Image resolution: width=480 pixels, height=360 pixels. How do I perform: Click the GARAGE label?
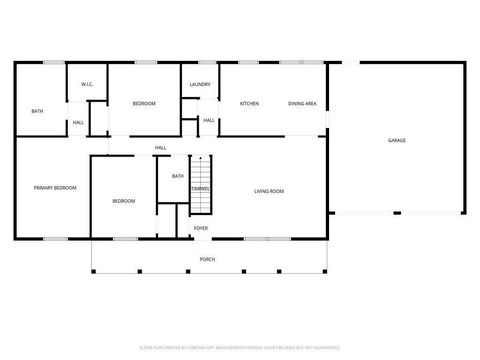396,140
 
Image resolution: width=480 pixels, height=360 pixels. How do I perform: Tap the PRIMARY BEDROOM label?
55,188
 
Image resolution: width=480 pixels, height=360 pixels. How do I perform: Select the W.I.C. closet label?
87,84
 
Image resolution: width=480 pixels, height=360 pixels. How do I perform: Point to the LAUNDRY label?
199,84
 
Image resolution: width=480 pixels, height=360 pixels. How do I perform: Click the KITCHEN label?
249,104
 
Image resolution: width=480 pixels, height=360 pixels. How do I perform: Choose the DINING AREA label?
302,104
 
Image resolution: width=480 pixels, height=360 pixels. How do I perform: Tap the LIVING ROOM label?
269,190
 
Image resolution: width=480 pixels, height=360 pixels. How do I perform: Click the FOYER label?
201,228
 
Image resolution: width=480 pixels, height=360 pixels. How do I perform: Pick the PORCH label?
207,259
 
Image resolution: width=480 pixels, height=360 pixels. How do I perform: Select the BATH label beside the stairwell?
178,176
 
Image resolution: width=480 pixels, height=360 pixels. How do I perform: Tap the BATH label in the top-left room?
37,111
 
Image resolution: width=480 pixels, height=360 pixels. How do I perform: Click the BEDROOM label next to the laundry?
144,104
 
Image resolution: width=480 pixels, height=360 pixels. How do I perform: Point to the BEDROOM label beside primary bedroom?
123,201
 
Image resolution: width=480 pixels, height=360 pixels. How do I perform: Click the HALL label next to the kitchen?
209,120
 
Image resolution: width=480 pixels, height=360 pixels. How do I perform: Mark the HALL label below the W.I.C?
77,123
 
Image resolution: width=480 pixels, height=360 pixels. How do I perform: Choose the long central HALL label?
160,148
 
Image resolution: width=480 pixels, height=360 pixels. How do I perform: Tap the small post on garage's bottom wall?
396,212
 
